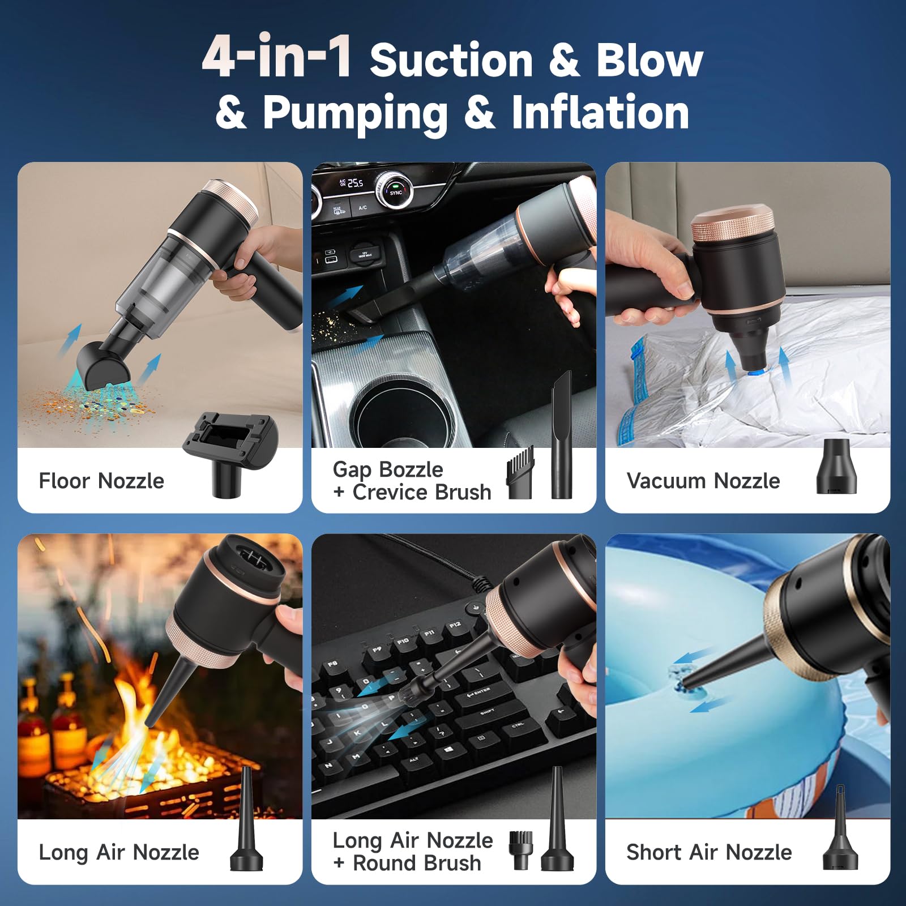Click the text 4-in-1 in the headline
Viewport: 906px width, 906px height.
(x=277, y=57)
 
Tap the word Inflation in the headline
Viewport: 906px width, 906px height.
(x=600, y=112)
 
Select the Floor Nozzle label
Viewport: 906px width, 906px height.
(x=101, y=481)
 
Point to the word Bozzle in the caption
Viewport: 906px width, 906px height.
(x=412, y=469)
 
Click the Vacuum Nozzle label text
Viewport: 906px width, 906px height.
(x=703, y=481)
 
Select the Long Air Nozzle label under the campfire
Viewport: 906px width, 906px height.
(x=119, y=852)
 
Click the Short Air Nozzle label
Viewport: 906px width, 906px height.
(x=709, y=852)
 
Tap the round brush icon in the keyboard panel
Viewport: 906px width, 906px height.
(x=520, y=850)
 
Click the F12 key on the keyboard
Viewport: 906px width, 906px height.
(x=455, y=626)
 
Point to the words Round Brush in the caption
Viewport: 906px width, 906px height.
(x=417, y=864)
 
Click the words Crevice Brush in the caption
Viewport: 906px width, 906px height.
(x=422, y=492)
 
